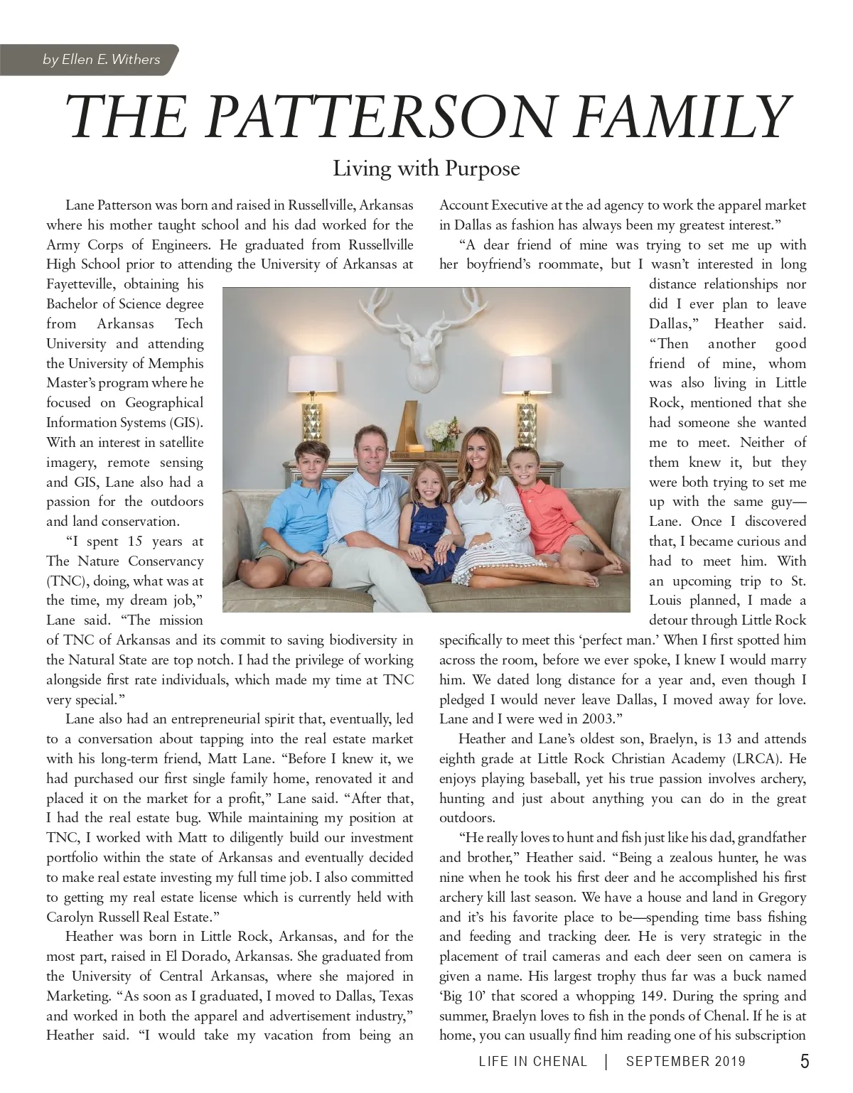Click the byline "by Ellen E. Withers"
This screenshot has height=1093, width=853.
(x=102, y=60)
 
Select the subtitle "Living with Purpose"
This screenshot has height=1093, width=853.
(x=426, y=169)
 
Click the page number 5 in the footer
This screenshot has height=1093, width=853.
(x=804, y=1062)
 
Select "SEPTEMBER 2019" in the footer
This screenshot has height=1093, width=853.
(x=686, y=1062)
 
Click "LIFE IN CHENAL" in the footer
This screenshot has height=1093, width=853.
(x=533, y=1062)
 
